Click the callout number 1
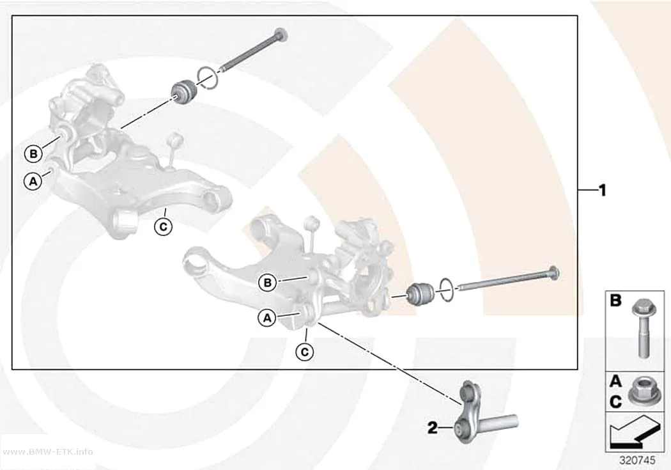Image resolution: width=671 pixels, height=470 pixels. click(x=603, y=190)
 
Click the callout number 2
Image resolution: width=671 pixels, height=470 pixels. click(x=433, y=427)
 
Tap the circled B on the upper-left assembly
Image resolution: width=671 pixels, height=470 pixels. click(x=33, y=153)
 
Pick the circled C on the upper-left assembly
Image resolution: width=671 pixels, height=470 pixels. click(x=163, y=226)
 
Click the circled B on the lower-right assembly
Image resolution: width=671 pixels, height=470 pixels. click(x=268, y=283)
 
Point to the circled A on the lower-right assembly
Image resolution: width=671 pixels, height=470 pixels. click(x=267, y=318)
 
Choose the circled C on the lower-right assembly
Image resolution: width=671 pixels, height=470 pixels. click(x=305, y=352)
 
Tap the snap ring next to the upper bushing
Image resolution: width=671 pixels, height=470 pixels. click(x=208, y=79)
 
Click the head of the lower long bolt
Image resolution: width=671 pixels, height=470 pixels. click(x=553, y=273)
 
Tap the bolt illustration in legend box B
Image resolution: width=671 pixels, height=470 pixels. click(x=642, y=328)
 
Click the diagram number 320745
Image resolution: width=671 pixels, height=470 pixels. click(x=637, y=460)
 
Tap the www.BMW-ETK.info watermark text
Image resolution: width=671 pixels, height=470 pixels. click(x=50, y=451)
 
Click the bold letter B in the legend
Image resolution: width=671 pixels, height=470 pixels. click(x=615, y=301)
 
